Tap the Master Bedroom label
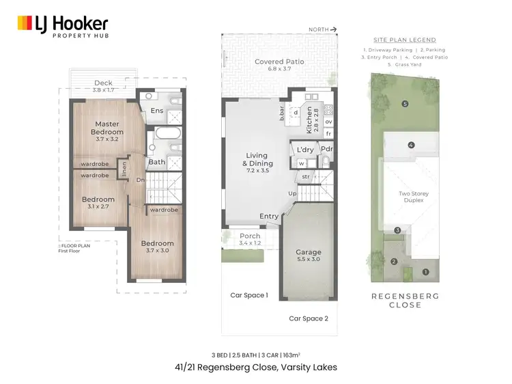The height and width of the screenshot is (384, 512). (x=107, y=128)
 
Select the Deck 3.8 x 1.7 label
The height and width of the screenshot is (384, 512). (x=104, y=86)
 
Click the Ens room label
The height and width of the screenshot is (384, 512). (x=156, y=110)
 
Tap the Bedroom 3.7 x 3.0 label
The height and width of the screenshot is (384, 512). (x=157, y=247)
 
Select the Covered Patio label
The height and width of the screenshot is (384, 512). (x=279, y=65)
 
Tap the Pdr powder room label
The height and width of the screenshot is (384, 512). (x=327, y=149)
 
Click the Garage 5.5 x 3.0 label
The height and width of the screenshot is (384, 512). (x=309, y=256)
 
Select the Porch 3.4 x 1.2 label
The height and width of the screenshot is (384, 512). (x=251, y=239)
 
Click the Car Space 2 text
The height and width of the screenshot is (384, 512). (x=309, y=318)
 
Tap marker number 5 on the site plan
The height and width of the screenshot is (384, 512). (x=405, y=104)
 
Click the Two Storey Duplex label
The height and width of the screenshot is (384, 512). (x=413, y=197)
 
